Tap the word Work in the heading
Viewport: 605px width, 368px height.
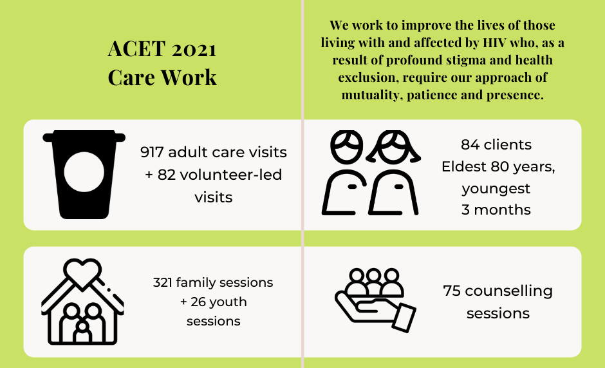[x=190, y=77]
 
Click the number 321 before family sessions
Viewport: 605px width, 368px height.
[x=164, y=282]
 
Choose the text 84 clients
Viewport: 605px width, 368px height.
[x=496, y=144]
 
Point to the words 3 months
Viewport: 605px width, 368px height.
[x=496, y=210]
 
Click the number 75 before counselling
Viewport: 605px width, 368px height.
[x=452, y=291]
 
